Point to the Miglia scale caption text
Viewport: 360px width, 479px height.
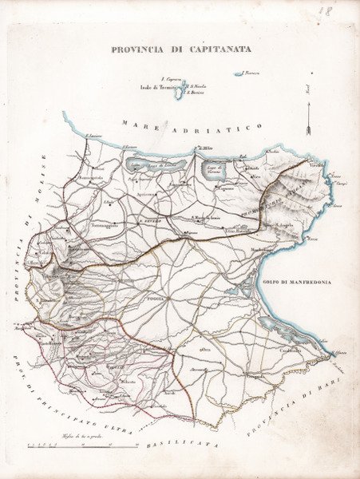point(77,435)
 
